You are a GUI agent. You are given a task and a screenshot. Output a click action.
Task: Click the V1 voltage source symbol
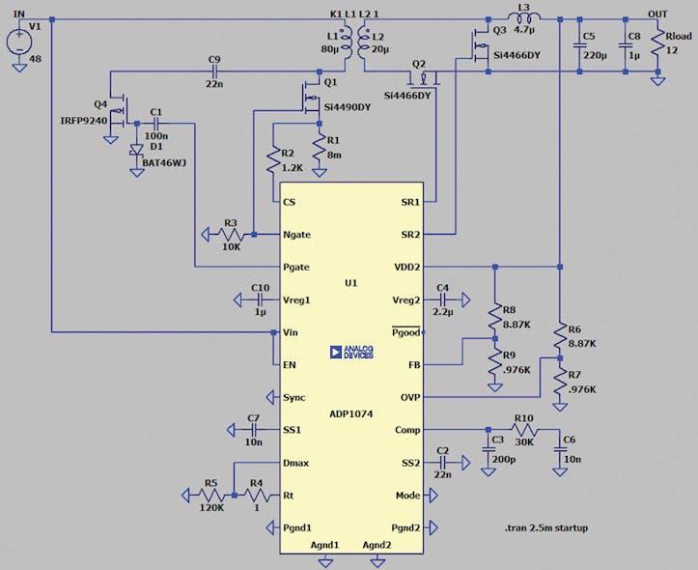click(x=18, y=43)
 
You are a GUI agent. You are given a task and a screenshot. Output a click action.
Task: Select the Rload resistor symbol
click(x=657, y=44)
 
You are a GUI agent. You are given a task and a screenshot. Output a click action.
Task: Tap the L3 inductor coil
click(x=523, y=19)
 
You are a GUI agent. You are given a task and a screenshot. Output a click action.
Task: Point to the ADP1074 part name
click(x=350, y=413)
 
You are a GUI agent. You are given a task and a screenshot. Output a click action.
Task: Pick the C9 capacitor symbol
click(x=214, y=71)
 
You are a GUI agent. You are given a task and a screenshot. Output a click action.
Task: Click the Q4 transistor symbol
click(x=120, y=112)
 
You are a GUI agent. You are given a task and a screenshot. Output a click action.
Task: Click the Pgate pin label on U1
click(x=296, y=267)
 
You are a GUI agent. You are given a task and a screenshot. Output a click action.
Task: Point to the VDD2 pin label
click(x=405, y=267)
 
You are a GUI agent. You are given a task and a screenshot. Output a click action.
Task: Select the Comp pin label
click(x=406, y=430)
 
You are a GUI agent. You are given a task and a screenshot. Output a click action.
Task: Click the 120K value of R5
click(x=210, y=506)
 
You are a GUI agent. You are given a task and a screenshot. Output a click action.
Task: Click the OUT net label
click(x=657, y=13)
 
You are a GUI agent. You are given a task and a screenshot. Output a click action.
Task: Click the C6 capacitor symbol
click(x=559, y=451)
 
